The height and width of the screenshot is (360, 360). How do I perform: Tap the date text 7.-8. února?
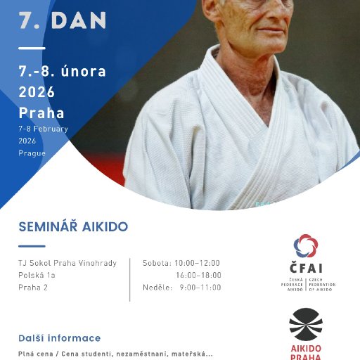click(x=62, y=71)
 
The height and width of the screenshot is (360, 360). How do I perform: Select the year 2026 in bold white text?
click(x=37, y=91)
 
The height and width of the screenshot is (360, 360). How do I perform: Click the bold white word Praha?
click(x=41, y=113)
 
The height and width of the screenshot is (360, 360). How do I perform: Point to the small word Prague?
click(x=32, y=153)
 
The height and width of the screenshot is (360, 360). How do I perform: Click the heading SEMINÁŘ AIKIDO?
click(x=73, y=227)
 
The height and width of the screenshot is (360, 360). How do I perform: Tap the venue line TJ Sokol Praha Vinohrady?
click(x=67, y=263)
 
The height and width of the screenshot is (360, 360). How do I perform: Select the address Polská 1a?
click(x=37, y=275)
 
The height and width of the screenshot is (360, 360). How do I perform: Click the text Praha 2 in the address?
click(x=33, y=287)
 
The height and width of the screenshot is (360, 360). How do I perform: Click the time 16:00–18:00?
click(x=199, y=275)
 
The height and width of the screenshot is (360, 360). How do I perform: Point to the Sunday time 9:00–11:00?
click(x=201, y=287)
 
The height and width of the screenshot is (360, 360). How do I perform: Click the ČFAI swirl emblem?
click(x=306, y=246)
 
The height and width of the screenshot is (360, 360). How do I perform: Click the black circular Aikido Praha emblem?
click(x=306, y=324)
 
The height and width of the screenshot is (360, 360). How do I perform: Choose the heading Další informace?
click(x=60, y=338)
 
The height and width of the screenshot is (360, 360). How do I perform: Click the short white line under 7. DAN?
click(x=32, y=48)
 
